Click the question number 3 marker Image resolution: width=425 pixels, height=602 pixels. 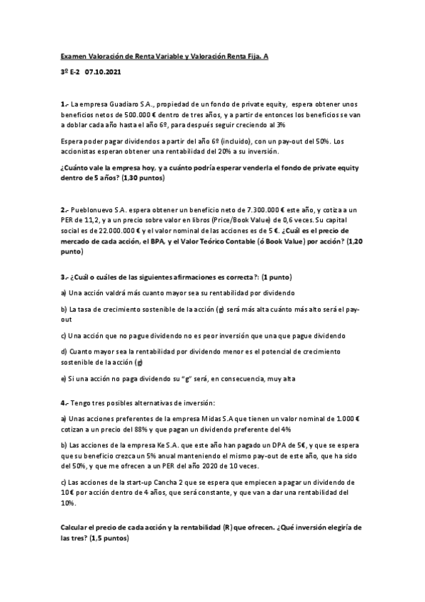(x=63, y=275)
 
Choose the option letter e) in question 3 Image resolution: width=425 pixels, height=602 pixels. (x=63, y=378)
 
